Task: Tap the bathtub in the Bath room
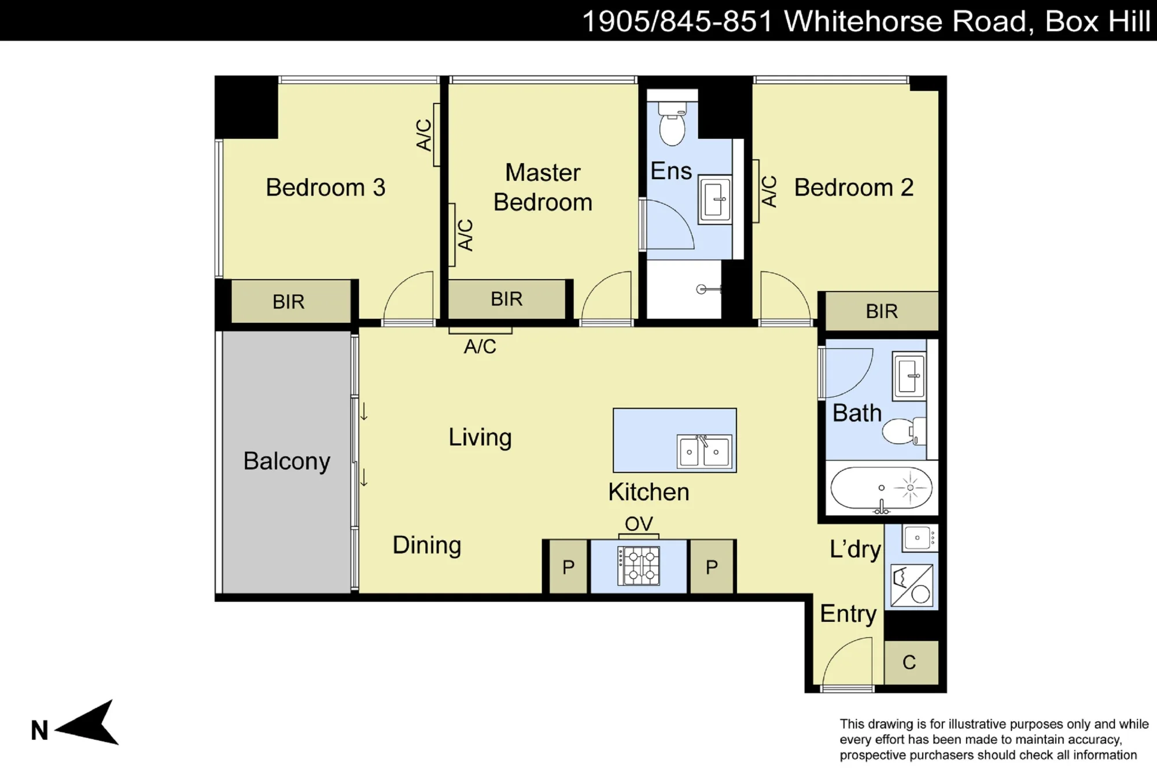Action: point(881,488)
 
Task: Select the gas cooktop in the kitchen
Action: point(639,566)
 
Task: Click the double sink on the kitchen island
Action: point(704,451)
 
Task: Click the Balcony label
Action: point(286,461)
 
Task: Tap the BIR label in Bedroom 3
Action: point(288,301)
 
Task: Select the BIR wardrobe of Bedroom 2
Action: point(882,311)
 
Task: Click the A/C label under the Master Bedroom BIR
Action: point(480,346)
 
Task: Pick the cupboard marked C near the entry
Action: point(911,662)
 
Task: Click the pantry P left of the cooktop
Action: point(568,567)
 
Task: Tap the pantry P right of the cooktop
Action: point(712,567)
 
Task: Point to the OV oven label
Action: point(639,524)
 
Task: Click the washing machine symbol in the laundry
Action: point(912,585)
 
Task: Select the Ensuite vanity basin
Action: point(715,200)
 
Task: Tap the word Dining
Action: point(427,545)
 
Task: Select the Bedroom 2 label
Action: point(854,187)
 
